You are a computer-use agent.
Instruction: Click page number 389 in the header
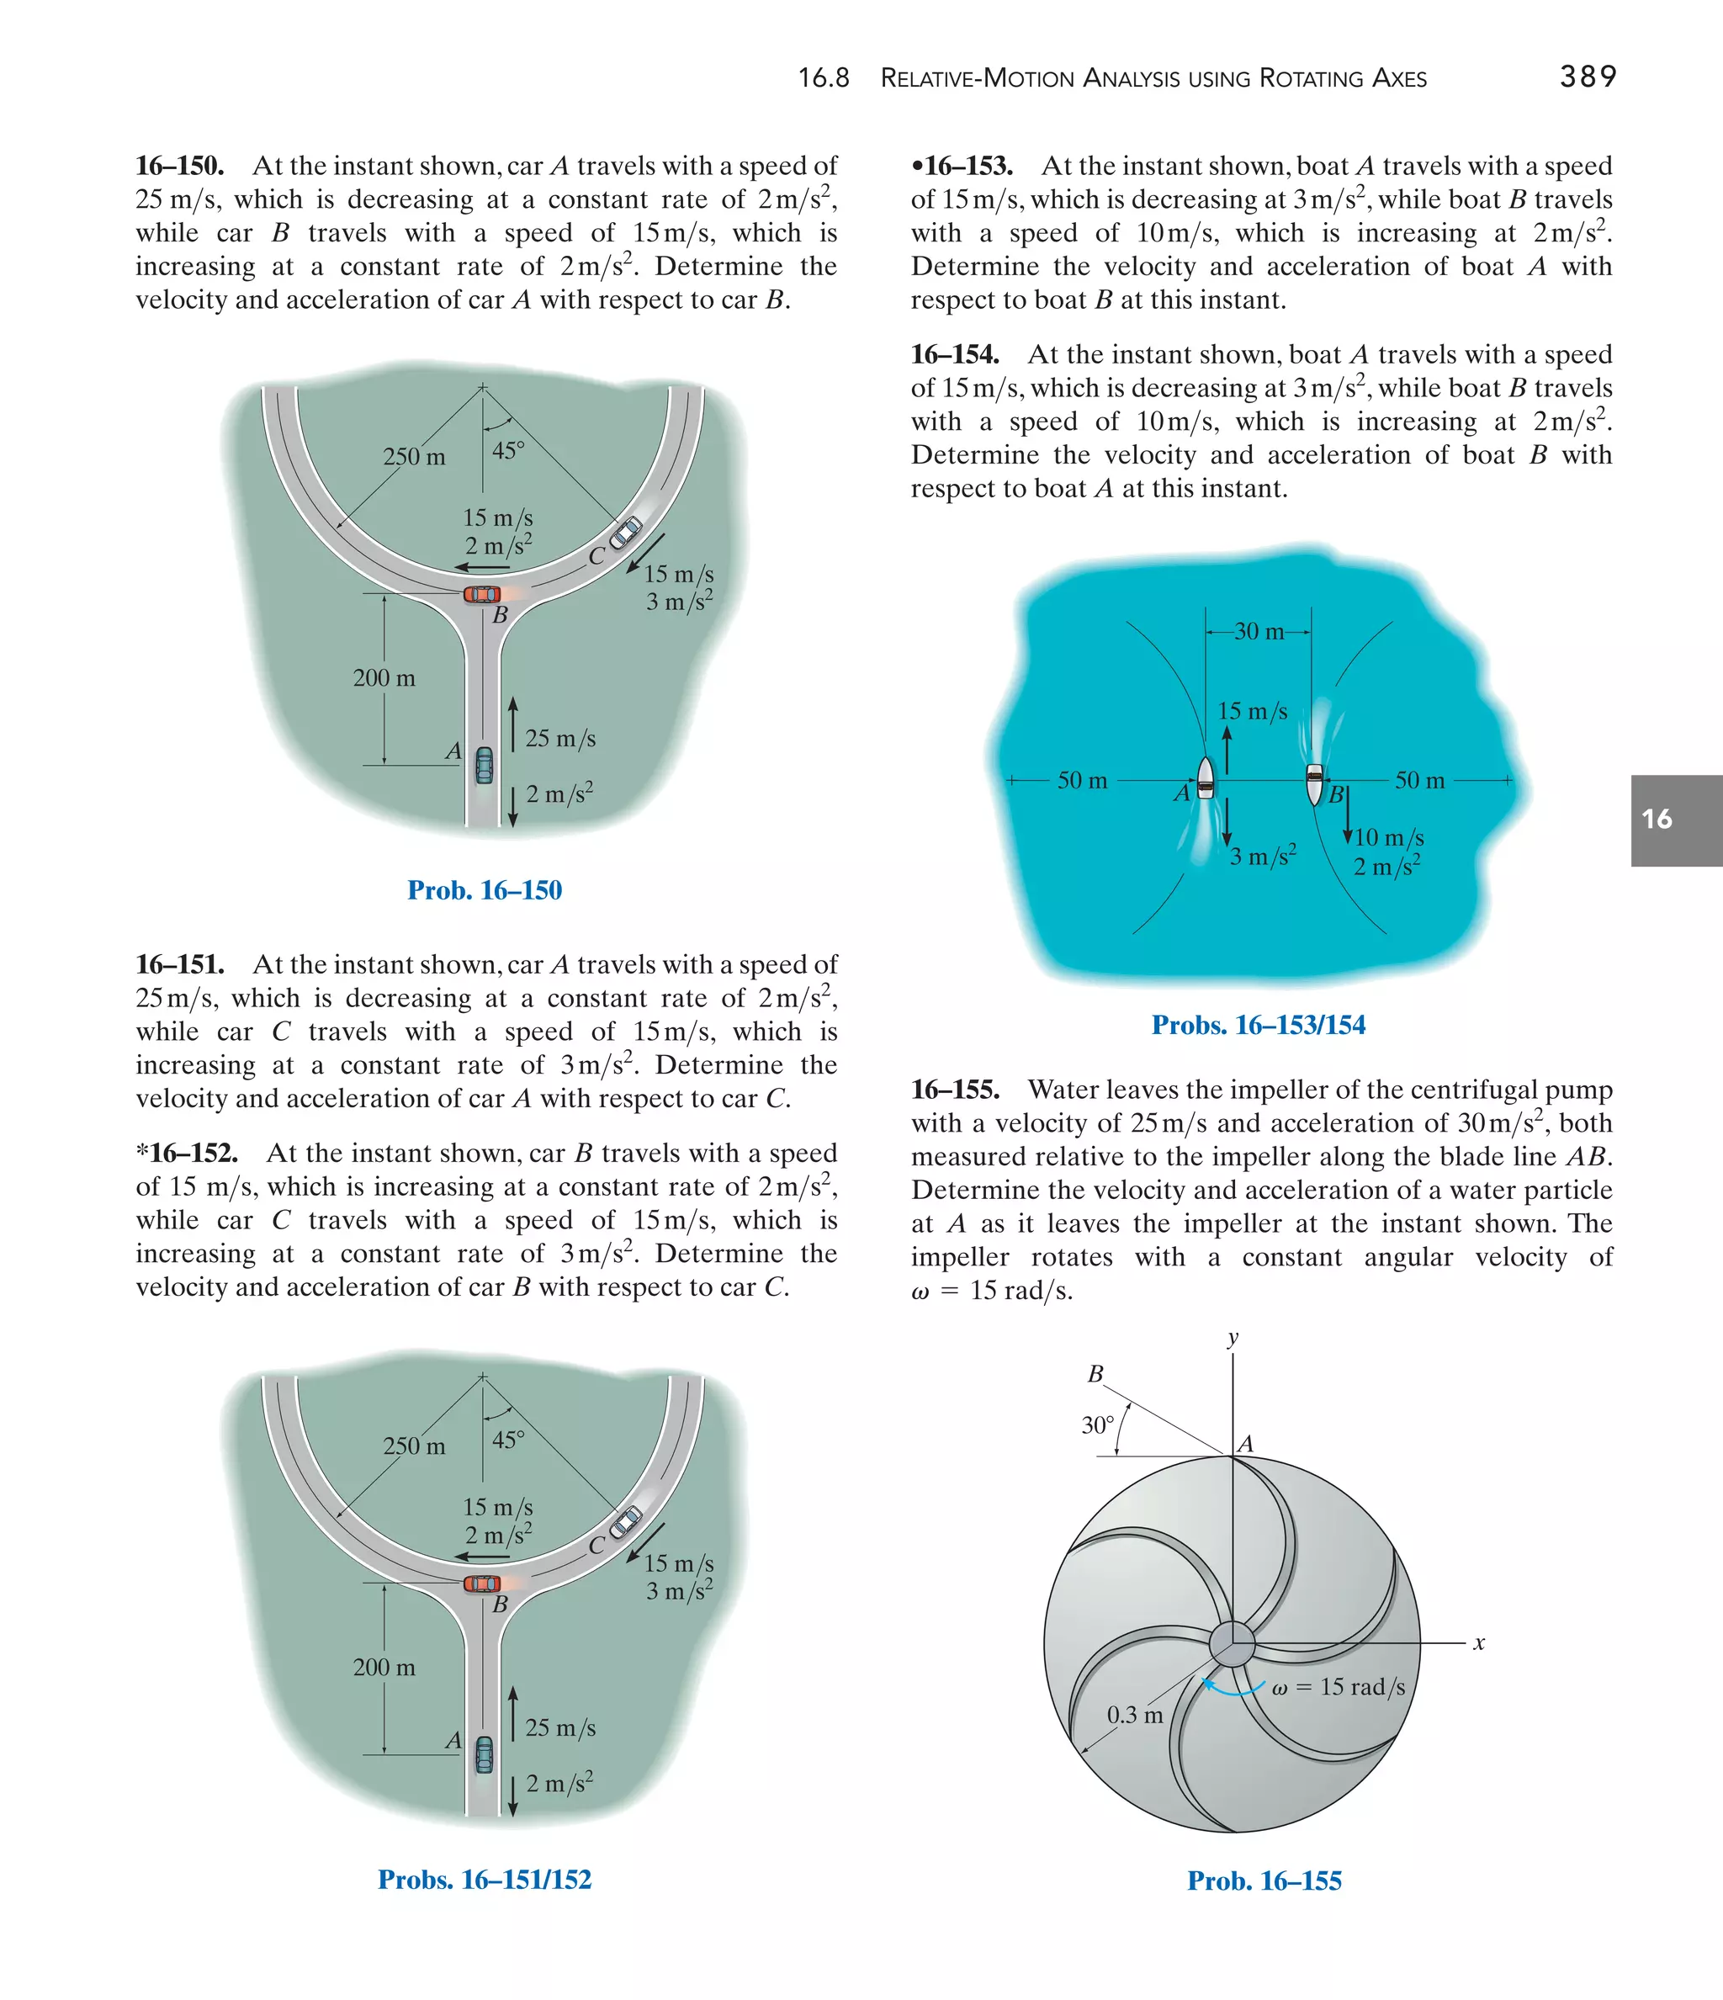pos(1588,77)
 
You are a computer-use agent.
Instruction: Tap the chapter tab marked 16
pos(1676,820)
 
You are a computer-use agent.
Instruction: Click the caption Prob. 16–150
pos(484,890)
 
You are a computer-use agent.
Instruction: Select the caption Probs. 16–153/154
pos(1258,1025)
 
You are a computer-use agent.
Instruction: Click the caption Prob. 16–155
pos(1264,1881)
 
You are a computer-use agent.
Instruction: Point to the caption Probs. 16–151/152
pos(484,1880)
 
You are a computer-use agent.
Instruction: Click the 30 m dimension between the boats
pos(1259,632)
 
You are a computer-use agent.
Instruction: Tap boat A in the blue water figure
pos(1205,779)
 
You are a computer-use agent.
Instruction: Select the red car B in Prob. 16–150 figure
pos(482,594)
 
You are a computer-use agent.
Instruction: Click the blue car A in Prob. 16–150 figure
pos(484,766)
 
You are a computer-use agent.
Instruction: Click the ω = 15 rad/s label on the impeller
pos(1338,1686)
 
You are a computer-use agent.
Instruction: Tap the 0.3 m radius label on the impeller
pos(1134,1716)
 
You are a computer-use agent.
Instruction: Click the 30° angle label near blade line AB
pos(1098,1425)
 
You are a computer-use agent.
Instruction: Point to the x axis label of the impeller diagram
pos(1479,1643)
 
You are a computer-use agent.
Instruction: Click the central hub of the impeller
pos(1232,1643)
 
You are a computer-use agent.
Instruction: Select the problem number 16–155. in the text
pos(955,1090)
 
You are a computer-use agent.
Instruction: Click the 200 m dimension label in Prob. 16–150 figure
pos(384,678)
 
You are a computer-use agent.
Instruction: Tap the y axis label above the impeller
pos(1233,1339)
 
